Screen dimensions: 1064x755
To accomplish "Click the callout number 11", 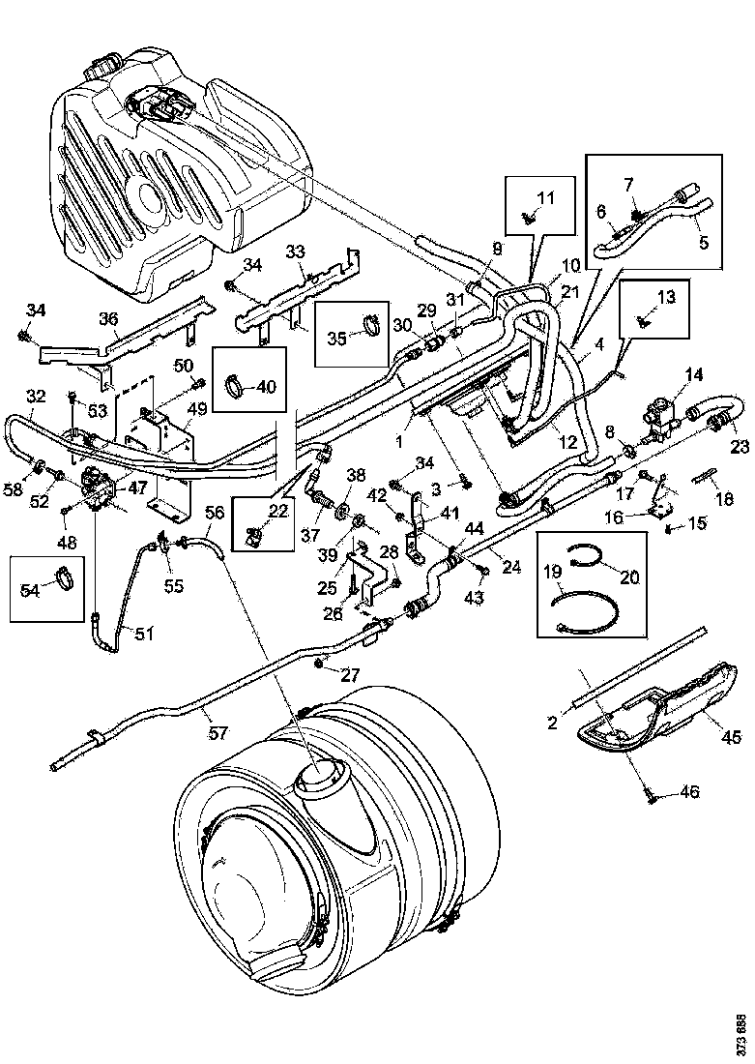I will [x=546, y=198].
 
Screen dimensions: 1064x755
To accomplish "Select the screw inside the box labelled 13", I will [x=642, y=320].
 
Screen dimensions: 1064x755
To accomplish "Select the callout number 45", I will [x=730, y=738].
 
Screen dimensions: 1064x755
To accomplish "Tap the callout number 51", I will [x=143, y=635].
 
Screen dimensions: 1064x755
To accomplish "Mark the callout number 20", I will [x=629, y=577].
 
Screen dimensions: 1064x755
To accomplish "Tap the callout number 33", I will [x=295, y=251].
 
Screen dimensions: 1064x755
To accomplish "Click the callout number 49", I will [x=197, y=410].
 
